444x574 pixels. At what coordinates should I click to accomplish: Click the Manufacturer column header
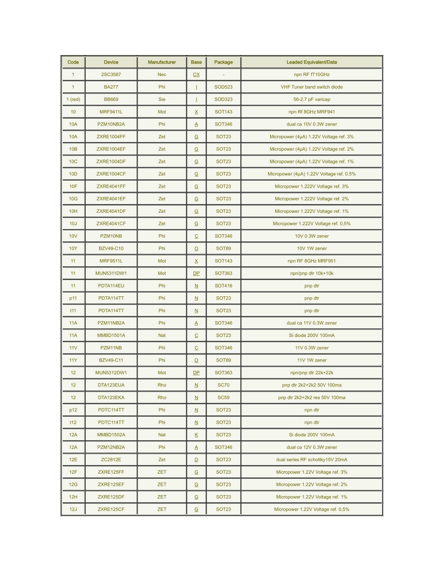[162, 62]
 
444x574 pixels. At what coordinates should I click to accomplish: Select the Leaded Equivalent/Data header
[312, 62]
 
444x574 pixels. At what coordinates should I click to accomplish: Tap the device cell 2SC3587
[111, 75]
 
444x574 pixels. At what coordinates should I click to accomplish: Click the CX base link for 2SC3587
[196, 75]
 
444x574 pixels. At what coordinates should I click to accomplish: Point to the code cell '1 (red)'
[73, 99]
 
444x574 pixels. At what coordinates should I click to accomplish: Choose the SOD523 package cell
[223, 87]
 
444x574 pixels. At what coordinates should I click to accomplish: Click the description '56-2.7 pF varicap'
[312, 99]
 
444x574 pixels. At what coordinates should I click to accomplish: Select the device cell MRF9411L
[111, 112]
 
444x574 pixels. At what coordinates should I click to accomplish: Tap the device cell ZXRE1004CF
[111, 174]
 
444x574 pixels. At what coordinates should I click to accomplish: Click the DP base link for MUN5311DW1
[196, 273]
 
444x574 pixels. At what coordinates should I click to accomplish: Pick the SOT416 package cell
[223, 286]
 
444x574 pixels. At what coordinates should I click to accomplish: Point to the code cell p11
[73, 298]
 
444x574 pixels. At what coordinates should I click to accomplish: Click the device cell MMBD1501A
[111, 336]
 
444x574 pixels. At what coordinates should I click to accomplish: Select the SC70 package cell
[223, 385]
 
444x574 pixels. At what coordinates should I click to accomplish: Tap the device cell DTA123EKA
[111, 398]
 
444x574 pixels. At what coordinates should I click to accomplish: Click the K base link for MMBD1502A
[196, 435]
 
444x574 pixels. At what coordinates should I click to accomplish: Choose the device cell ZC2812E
[111, 460]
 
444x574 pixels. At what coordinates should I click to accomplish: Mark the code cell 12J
[73, 509]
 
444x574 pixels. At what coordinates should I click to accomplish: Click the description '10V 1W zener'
[312, 249]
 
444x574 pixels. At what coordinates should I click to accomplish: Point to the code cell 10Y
[73, 249]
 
